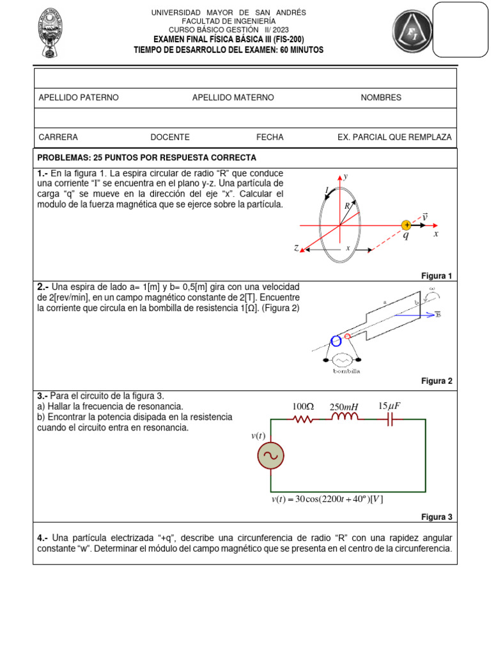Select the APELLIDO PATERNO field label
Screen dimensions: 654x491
(79, 98)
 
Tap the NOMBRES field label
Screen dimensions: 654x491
(381, 98)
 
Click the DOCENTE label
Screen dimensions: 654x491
(170, 137)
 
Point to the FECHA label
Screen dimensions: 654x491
(270, 137)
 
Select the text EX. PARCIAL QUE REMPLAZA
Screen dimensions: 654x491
(394, 137)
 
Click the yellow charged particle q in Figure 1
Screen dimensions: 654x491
(406, 225)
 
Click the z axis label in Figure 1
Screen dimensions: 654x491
(297, 248)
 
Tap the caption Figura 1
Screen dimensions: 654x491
(437, 276)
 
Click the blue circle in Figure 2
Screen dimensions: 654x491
(336, 340)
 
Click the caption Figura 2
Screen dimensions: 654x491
(437, 381)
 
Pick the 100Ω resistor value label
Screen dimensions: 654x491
(303, 407)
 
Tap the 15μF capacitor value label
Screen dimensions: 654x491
(389, 406)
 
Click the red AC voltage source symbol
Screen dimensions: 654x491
(271, 456)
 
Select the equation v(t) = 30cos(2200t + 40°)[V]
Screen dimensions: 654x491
(327, 499)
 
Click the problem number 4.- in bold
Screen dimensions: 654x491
(43, 538)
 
